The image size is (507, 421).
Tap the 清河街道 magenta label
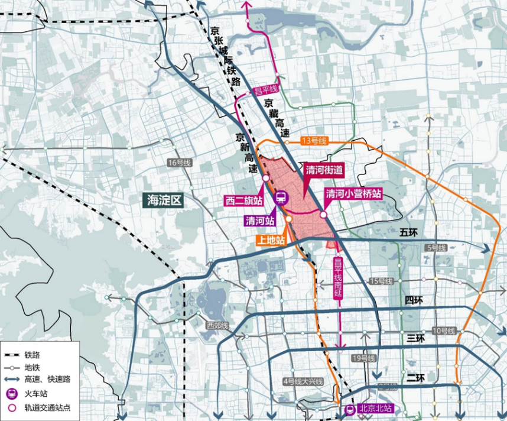(324, 170)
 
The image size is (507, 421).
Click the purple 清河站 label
(261, 221)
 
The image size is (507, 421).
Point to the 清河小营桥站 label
(353, 193)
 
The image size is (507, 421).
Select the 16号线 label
(177, 163)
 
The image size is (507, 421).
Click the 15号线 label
(381, 281)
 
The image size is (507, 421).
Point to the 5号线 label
(438, 247)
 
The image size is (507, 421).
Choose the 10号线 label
(443, 330)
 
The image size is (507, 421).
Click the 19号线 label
(363, 358)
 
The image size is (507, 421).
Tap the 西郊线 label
(216, 326)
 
